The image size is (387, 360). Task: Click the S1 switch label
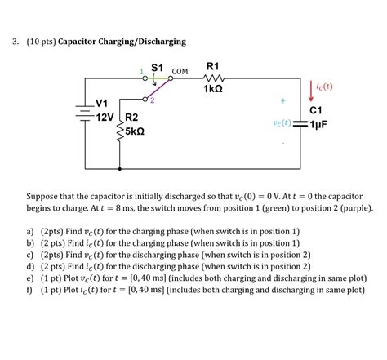(x=158, y=66)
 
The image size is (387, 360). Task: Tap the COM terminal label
(x=180, y=72)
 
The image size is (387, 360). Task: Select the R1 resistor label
(x=212, y=65)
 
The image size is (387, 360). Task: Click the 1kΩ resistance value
(x=212, y=89)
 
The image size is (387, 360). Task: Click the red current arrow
(x=310, y=92)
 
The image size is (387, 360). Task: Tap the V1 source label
(x=102, y=104)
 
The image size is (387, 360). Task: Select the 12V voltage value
(x=105, y=118)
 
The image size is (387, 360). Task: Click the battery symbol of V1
(x=82, y=112)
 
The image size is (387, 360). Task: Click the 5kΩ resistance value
(x=135, y=131)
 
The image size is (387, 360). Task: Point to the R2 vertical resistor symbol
(x=120, y=127)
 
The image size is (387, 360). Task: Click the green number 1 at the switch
(x=141, y=71)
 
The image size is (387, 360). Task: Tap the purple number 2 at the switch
(x=151, y=100)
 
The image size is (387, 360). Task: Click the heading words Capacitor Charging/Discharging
(x=122, y=41)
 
